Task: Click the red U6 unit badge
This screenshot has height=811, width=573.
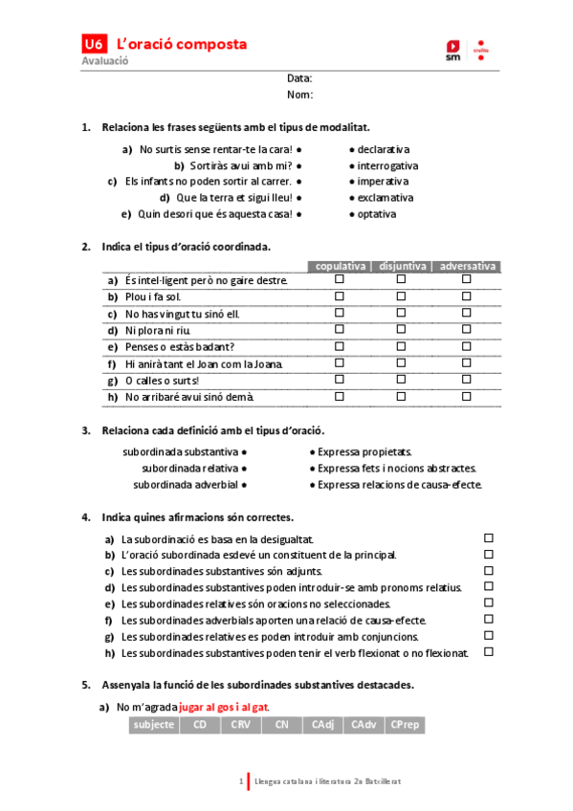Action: (x=93, y=44)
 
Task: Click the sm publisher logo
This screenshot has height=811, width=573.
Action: (x=452, y=50)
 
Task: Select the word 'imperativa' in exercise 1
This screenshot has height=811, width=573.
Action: (x=383, y=181)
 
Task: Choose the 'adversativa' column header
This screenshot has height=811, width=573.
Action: (x=467, y=266)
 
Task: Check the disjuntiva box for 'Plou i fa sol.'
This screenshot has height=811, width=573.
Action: (x=401, y=296)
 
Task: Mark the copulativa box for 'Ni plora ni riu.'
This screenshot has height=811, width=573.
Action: (x=339, y=330)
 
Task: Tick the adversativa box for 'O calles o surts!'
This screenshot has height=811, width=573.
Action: (x=467, y=380)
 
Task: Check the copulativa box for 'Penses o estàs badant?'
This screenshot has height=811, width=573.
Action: (x=339, y=346)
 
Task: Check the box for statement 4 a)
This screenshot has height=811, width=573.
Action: (x=489, y=538)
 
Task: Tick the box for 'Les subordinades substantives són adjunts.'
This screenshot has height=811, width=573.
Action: (x=489, y=571)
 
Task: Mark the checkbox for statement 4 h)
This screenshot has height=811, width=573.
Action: (x=489, y=652)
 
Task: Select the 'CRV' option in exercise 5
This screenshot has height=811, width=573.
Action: (x=240, y=725)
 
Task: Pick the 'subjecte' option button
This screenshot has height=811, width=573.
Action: (x=155, y=725)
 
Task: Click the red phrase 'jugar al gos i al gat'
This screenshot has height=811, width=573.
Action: (x=224, y=708)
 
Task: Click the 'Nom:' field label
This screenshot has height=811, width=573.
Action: (x=300, y=95)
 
